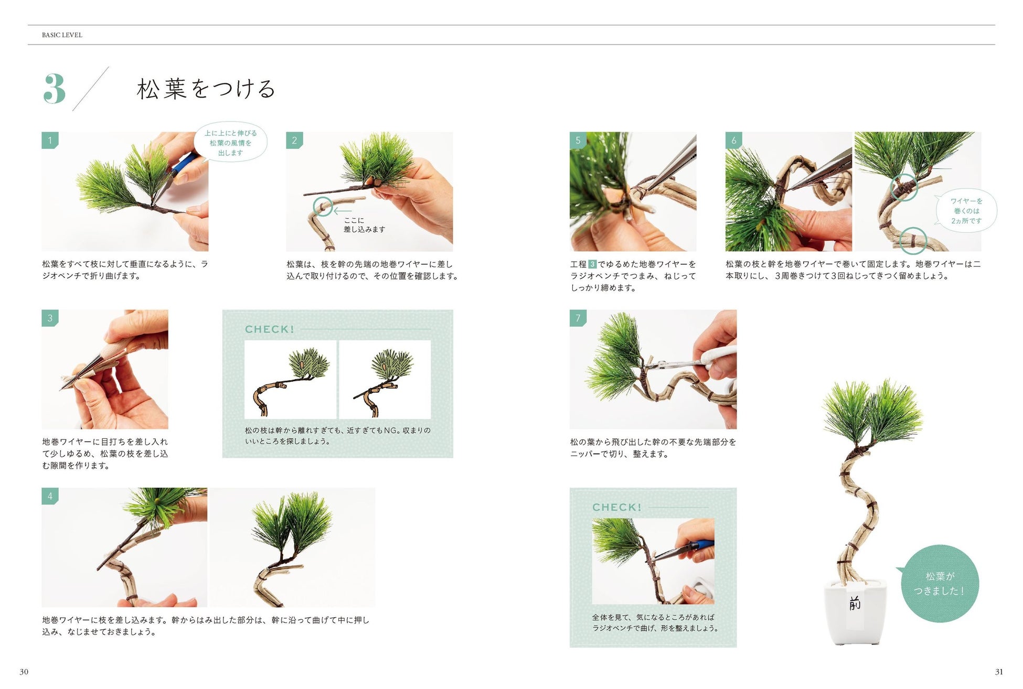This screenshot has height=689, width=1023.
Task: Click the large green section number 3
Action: [55, 89]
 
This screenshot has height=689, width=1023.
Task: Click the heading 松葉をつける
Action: [206, 89]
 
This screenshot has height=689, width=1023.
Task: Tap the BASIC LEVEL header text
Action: [62, 35]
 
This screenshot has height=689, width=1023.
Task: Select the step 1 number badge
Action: [50, 140]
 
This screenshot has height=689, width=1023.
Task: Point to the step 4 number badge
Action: [50, 496]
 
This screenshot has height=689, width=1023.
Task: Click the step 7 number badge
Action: [578, 318]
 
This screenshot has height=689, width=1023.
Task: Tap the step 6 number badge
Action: [733, 140]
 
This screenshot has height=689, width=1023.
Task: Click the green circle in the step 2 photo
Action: [323, 207]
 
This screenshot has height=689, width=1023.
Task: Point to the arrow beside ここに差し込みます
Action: [343, 211]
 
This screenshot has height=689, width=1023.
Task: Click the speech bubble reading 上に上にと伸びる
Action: [231, 143]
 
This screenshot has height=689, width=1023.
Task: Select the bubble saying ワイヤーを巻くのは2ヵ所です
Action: [966, 211]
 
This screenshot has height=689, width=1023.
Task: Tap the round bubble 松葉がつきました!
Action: [939, 584]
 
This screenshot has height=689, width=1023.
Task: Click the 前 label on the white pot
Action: [855, 604]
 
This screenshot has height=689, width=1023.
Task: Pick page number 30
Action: [24, 672]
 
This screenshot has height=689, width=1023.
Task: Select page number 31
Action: [999, 672]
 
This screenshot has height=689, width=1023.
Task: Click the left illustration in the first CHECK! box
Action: [290, 380]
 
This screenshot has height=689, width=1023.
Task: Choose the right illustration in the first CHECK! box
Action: [385, 380]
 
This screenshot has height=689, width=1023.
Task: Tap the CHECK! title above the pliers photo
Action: [617, 507]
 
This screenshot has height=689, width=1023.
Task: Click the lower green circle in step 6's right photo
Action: [913, 241]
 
